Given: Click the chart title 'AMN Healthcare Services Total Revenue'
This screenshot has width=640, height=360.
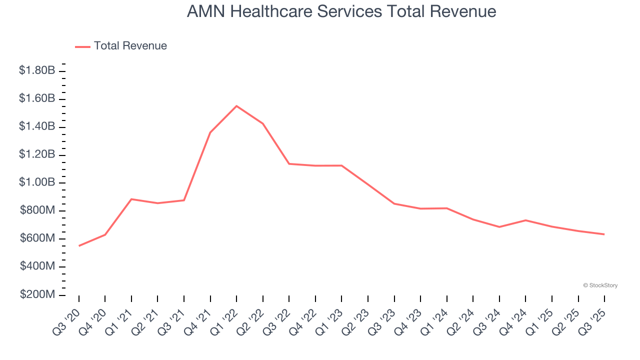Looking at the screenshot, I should [x=341, y=11].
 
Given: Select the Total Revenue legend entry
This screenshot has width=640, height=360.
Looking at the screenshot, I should [x=121, y=46].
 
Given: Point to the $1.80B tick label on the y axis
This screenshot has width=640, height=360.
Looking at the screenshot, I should [x=37, y=71].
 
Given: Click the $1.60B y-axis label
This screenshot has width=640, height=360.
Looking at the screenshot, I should [x=37, y=99].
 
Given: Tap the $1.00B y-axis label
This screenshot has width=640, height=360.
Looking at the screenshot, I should [x=37, y=182].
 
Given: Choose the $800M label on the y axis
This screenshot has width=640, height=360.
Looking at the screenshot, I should [x=37, y=210].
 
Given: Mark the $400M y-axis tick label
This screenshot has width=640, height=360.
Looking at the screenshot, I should [x=37, y=266].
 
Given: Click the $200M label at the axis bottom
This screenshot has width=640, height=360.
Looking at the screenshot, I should [x=37, y=294].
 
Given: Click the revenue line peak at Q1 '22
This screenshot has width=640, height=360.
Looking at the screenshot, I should [x=236, y=106].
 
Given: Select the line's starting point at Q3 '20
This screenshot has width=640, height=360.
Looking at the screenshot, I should [x=79, y=245].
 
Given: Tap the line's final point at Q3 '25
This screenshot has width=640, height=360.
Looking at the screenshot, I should [x=604, y=234].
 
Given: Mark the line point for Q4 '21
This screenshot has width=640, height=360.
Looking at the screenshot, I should [x=210, y=132].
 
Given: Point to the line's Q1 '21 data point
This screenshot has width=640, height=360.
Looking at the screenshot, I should [x=131, y=199].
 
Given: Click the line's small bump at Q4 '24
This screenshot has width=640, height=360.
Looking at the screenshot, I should [x=525, y=220].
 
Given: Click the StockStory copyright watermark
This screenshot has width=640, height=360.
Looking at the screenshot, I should [x=600, y=285].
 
